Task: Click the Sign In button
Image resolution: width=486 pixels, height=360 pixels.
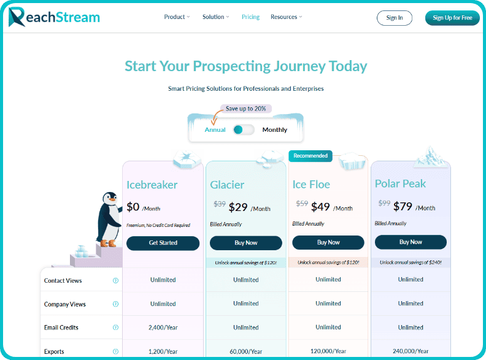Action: (395, 18)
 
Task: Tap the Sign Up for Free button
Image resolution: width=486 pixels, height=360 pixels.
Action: (452, 18)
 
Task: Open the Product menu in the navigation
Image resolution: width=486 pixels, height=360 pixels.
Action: (177, 17)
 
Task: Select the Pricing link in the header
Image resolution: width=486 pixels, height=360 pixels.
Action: (250, 17)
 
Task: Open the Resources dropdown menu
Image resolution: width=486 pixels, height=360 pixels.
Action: (286, 17)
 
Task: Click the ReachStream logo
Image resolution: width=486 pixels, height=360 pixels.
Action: (54, 17)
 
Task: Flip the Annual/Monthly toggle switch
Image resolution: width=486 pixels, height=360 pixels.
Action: (244, 129)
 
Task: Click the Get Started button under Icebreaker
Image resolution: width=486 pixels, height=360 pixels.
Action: (163, 243)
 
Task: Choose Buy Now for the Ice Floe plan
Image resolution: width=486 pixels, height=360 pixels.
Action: (328, 242)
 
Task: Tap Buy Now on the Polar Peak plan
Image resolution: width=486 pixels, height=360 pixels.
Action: (411, 242)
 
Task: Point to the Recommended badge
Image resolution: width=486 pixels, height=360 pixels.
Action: (310, 156)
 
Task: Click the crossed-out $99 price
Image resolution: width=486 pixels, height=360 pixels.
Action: (384, 203)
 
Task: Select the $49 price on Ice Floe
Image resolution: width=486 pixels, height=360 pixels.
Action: (320, 207)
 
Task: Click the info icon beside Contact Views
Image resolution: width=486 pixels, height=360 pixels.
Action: (115, 281)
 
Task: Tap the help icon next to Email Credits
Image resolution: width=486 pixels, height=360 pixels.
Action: (115, 327)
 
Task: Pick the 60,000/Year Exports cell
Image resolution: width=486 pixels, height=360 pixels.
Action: (246, 351)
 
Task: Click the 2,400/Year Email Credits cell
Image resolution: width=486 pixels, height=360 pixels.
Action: (163, 327)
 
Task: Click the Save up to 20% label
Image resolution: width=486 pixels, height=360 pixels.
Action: (245, 109)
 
